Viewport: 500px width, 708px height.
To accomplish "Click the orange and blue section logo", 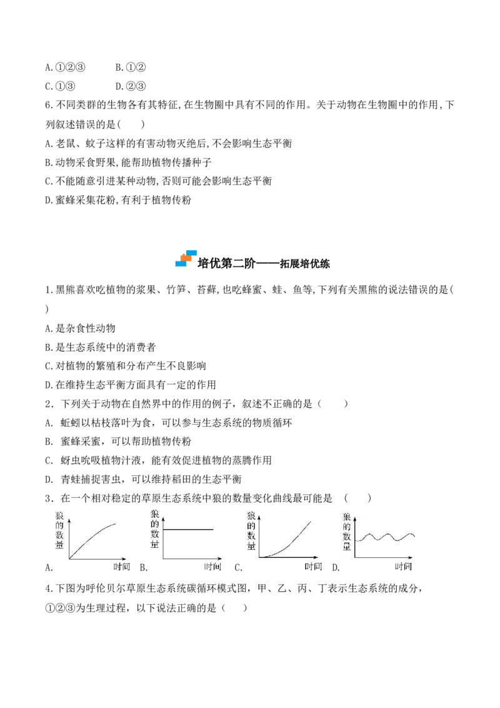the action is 186,258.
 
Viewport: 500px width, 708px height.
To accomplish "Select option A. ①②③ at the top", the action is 66,68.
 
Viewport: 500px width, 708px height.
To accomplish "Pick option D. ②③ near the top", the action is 131,86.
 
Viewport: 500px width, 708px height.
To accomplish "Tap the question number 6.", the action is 49,105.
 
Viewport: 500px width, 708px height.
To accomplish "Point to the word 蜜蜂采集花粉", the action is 85,200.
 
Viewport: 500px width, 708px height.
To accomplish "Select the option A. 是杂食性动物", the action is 81,328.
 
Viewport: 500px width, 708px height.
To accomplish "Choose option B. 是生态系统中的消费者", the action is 101,347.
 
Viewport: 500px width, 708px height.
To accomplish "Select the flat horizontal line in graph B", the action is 187,529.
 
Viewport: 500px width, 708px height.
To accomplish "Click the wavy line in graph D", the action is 385,537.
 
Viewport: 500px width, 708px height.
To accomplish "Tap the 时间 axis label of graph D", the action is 403,567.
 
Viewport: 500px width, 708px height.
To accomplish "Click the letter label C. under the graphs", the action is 238,568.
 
